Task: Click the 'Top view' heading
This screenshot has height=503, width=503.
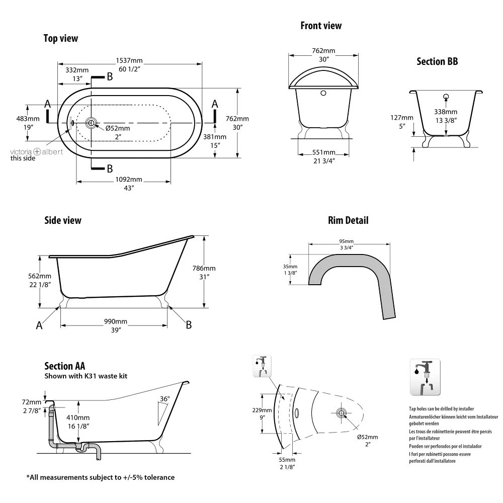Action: click(60, 38)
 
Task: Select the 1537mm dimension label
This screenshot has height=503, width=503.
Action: click(129, 61)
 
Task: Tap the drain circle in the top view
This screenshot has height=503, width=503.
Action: click(91, 122)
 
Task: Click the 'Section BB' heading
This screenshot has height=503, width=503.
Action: click(437, 61)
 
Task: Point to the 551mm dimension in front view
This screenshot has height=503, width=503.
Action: click(324, 152)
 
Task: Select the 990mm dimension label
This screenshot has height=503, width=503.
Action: click(116, 321)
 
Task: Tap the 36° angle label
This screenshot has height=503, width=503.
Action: click(164, 399)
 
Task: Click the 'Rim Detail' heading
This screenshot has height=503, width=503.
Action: click(348, 220)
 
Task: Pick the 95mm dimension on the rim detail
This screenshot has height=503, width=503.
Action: click(347, 241)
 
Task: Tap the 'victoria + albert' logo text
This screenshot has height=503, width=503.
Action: click(37, 151)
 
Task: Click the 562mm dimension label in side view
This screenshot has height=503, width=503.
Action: click(39, 276)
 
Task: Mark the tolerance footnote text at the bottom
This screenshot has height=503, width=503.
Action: click(100, 477)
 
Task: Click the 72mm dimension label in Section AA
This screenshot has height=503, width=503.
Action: click(32, 402)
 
